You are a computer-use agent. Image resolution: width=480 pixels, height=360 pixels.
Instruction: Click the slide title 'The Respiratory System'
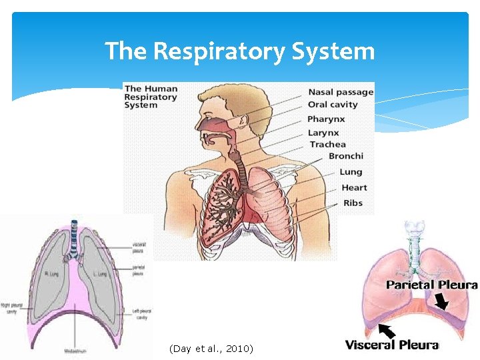(239, 50)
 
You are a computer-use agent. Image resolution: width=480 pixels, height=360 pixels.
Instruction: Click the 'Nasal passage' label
(341, 92)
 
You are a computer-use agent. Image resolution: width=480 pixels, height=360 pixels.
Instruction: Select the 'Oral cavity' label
(333, 105)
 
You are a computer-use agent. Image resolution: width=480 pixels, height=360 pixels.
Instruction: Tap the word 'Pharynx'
(325, 119)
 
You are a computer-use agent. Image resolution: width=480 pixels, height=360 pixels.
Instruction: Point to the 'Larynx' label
(323, 133)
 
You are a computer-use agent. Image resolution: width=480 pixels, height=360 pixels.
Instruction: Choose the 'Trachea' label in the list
(327, 144)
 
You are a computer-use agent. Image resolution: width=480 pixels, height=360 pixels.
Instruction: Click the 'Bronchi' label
(346, 156)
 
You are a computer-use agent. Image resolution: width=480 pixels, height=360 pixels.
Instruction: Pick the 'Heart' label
(354, 187)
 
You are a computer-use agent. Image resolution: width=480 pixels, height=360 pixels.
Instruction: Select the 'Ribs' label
(353, 203)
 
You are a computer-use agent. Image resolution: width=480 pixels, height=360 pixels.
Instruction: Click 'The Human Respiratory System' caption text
(151, 96)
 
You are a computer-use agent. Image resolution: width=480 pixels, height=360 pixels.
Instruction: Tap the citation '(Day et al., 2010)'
(211, 349)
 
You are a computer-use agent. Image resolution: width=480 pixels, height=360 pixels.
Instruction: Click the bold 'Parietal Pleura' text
(432, 285)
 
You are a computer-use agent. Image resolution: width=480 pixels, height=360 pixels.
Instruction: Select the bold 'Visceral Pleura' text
(391, 345)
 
